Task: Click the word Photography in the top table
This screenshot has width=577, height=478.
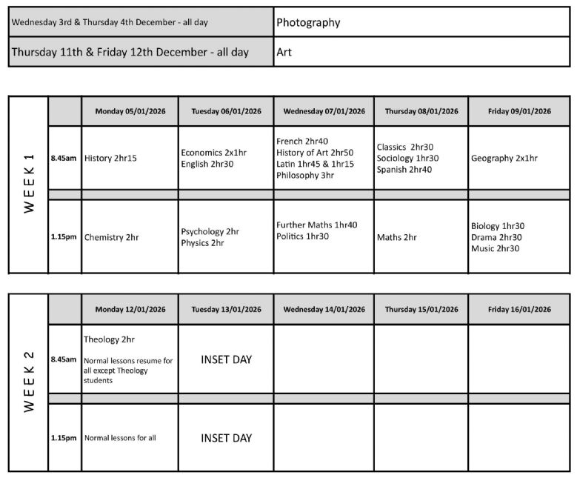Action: (x=308, y=22)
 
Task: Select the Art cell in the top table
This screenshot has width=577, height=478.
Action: (x=284, y=53)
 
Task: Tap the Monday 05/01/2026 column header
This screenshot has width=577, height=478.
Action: (x=130, y=111)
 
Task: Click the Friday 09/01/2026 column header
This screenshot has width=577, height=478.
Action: (x=519, y=111)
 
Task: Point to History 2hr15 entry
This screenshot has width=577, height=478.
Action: (x=110, y=158)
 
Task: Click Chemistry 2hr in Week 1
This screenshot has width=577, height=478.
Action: (x=111, y=237)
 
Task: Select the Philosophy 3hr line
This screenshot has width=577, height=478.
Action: (x=305, y=176)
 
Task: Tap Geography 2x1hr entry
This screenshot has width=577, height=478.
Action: (x=504, y=158)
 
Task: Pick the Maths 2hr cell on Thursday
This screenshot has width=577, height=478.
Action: (x=396, y=237)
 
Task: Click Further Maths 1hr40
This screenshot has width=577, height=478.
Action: (x=316, y=225)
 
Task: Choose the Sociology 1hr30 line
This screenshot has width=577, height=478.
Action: (x=407, y=158)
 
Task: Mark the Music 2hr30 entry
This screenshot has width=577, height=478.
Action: (x=495, y=248)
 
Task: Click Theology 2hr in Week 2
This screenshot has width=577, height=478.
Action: (x=109, y=339)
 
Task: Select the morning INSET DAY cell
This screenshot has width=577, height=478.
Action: (x=226, y=359)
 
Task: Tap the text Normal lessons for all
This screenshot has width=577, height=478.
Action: (x=120, y=437)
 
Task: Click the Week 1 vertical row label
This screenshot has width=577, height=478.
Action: (x=29, y=183)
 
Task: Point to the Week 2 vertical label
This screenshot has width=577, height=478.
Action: (x=29, y=382)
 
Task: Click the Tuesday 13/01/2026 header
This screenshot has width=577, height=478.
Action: (x=226, y=309)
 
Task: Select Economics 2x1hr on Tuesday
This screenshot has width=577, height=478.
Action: (x=213, y=152)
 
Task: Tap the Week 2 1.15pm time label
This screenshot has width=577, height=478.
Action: (x=64, y=437)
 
